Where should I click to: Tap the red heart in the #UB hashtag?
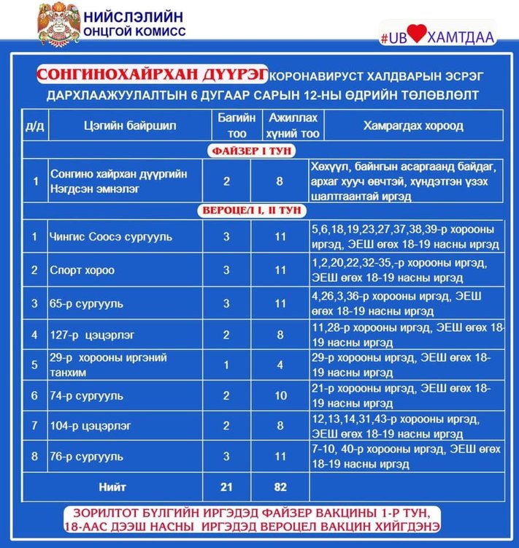[415, 37]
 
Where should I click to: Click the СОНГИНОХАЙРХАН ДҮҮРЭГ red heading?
[152, 75]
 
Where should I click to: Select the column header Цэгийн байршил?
[130, 126]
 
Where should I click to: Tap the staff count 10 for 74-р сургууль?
[280, 395]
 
